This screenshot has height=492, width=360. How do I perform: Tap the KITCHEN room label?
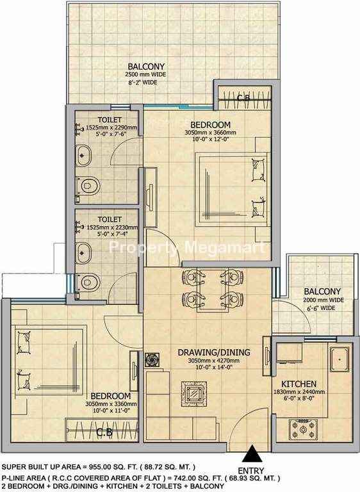pos(299,384)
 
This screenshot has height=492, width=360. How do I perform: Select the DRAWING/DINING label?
pos(214,352)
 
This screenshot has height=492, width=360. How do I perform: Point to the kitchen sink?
pos(340,359)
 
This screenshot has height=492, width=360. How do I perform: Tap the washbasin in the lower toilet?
pos(83,253)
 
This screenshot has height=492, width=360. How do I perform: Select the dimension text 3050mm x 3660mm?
pos(210,133)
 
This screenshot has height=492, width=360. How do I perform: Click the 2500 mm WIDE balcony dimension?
pos(145,75)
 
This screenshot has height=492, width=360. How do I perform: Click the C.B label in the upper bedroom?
pos(243,98)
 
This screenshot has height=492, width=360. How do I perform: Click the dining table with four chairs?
pos(213,290)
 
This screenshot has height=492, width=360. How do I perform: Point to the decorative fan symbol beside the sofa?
pos(152,360)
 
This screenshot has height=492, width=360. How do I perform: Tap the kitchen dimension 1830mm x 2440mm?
pos(299,392)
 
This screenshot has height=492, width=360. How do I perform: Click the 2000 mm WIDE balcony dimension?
pos(323,300)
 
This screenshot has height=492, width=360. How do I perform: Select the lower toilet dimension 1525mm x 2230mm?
pos(111,227)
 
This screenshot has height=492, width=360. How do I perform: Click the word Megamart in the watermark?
pos(225,247)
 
